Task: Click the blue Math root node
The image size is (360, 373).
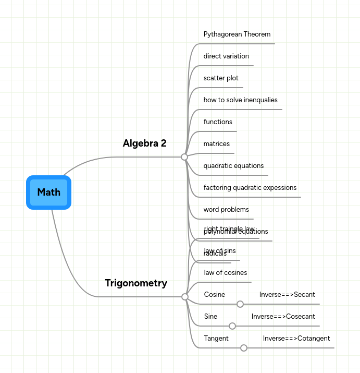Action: point(48,192)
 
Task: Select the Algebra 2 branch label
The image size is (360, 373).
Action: point(144,143)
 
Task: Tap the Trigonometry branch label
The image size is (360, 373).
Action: point(136,283)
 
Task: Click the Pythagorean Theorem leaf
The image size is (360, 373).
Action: point(237,34)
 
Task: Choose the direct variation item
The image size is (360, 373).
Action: point(226,56)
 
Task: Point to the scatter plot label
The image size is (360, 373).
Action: point(221,78)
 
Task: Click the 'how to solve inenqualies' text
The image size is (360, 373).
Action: point(240,100)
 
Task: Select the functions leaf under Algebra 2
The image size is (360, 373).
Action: point(218,122)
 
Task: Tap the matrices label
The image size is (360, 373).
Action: point(216,144)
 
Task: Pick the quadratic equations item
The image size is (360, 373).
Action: point(233,166)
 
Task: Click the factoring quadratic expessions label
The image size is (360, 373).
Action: point(250,188)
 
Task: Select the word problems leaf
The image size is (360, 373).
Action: point(226,210)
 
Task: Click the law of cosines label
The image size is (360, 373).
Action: point(225,273)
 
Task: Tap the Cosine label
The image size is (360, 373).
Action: point(214,295)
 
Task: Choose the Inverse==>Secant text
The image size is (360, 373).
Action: point(287,295)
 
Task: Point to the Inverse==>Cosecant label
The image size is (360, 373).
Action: point(283,317)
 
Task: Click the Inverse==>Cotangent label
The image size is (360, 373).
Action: point(296,339)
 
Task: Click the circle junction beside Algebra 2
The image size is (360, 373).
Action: point(184,157)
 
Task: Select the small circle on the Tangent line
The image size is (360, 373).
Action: point(244,348)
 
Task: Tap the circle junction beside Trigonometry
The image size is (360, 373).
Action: point(185,297)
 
